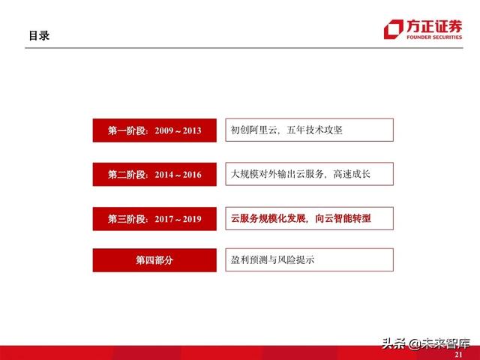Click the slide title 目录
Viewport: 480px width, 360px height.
39,35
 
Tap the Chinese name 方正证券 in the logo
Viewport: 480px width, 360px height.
432,24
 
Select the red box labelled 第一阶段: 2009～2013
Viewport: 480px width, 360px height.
154,130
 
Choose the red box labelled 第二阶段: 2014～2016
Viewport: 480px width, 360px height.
154,175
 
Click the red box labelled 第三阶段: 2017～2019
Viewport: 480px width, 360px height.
154,218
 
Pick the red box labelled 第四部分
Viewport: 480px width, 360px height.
154,260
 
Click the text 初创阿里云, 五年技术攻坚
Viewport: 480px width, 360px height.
287,130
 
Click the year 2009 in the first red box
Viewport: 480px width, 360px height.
165,130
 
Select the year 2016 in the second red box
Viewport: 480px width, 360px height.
191,175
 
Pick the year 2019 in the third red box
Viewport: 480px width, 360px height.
191,218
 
